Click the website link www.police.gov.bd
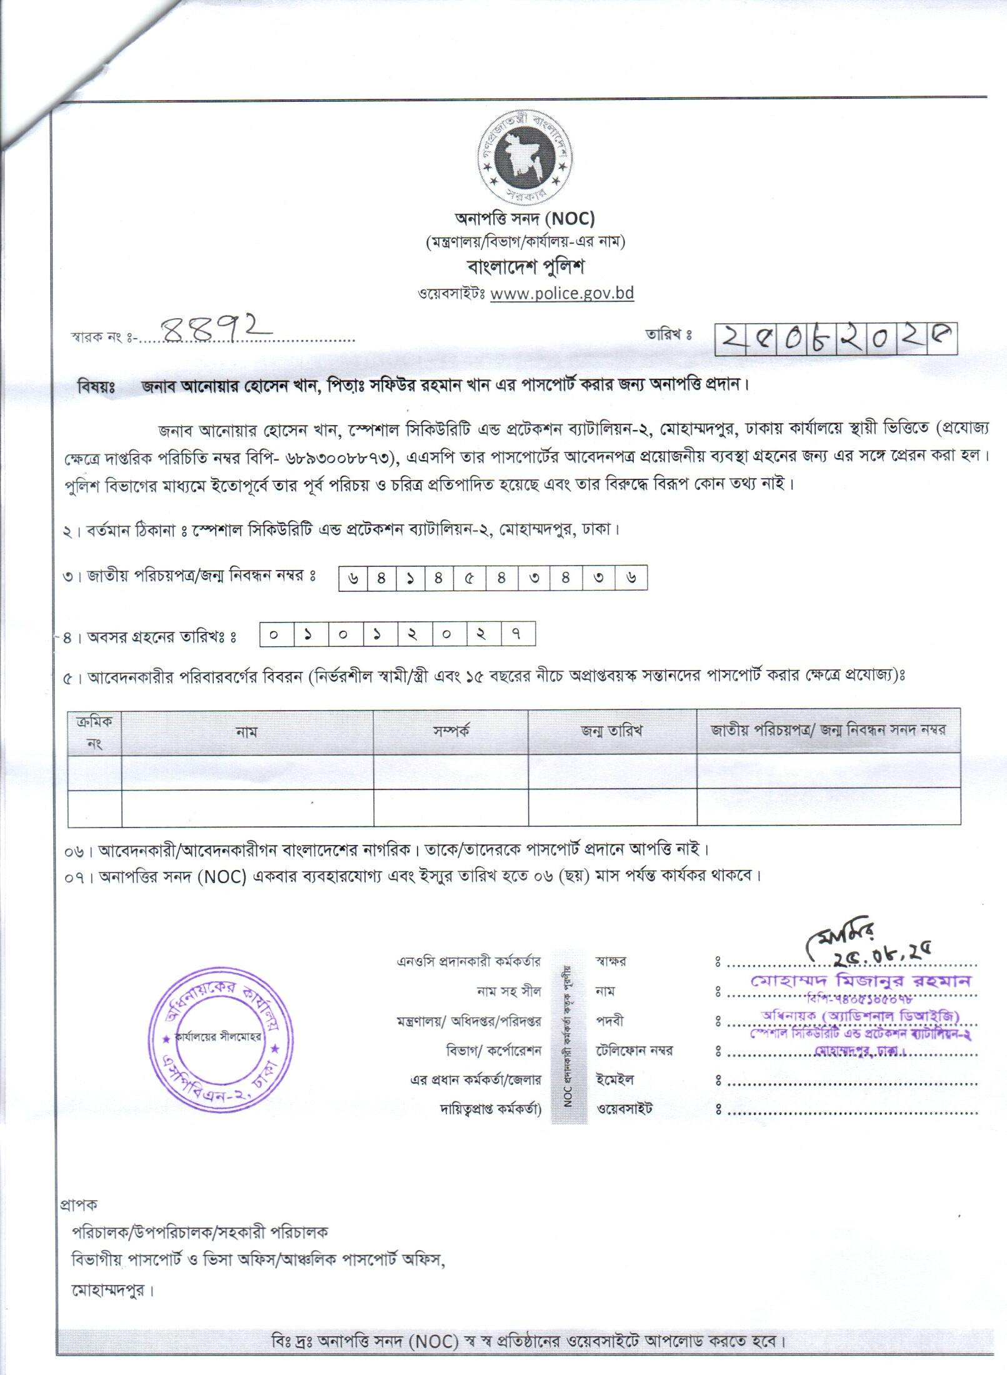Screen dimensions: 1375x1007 [x=562, y=293]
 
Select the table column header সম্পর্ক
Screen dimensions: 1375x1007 [x=451, y=731]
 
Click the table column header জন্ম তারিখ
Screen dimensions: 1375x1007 [x=612, y=731]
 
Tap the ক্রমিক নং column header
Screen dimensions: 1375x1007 [x=94, y=732]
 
